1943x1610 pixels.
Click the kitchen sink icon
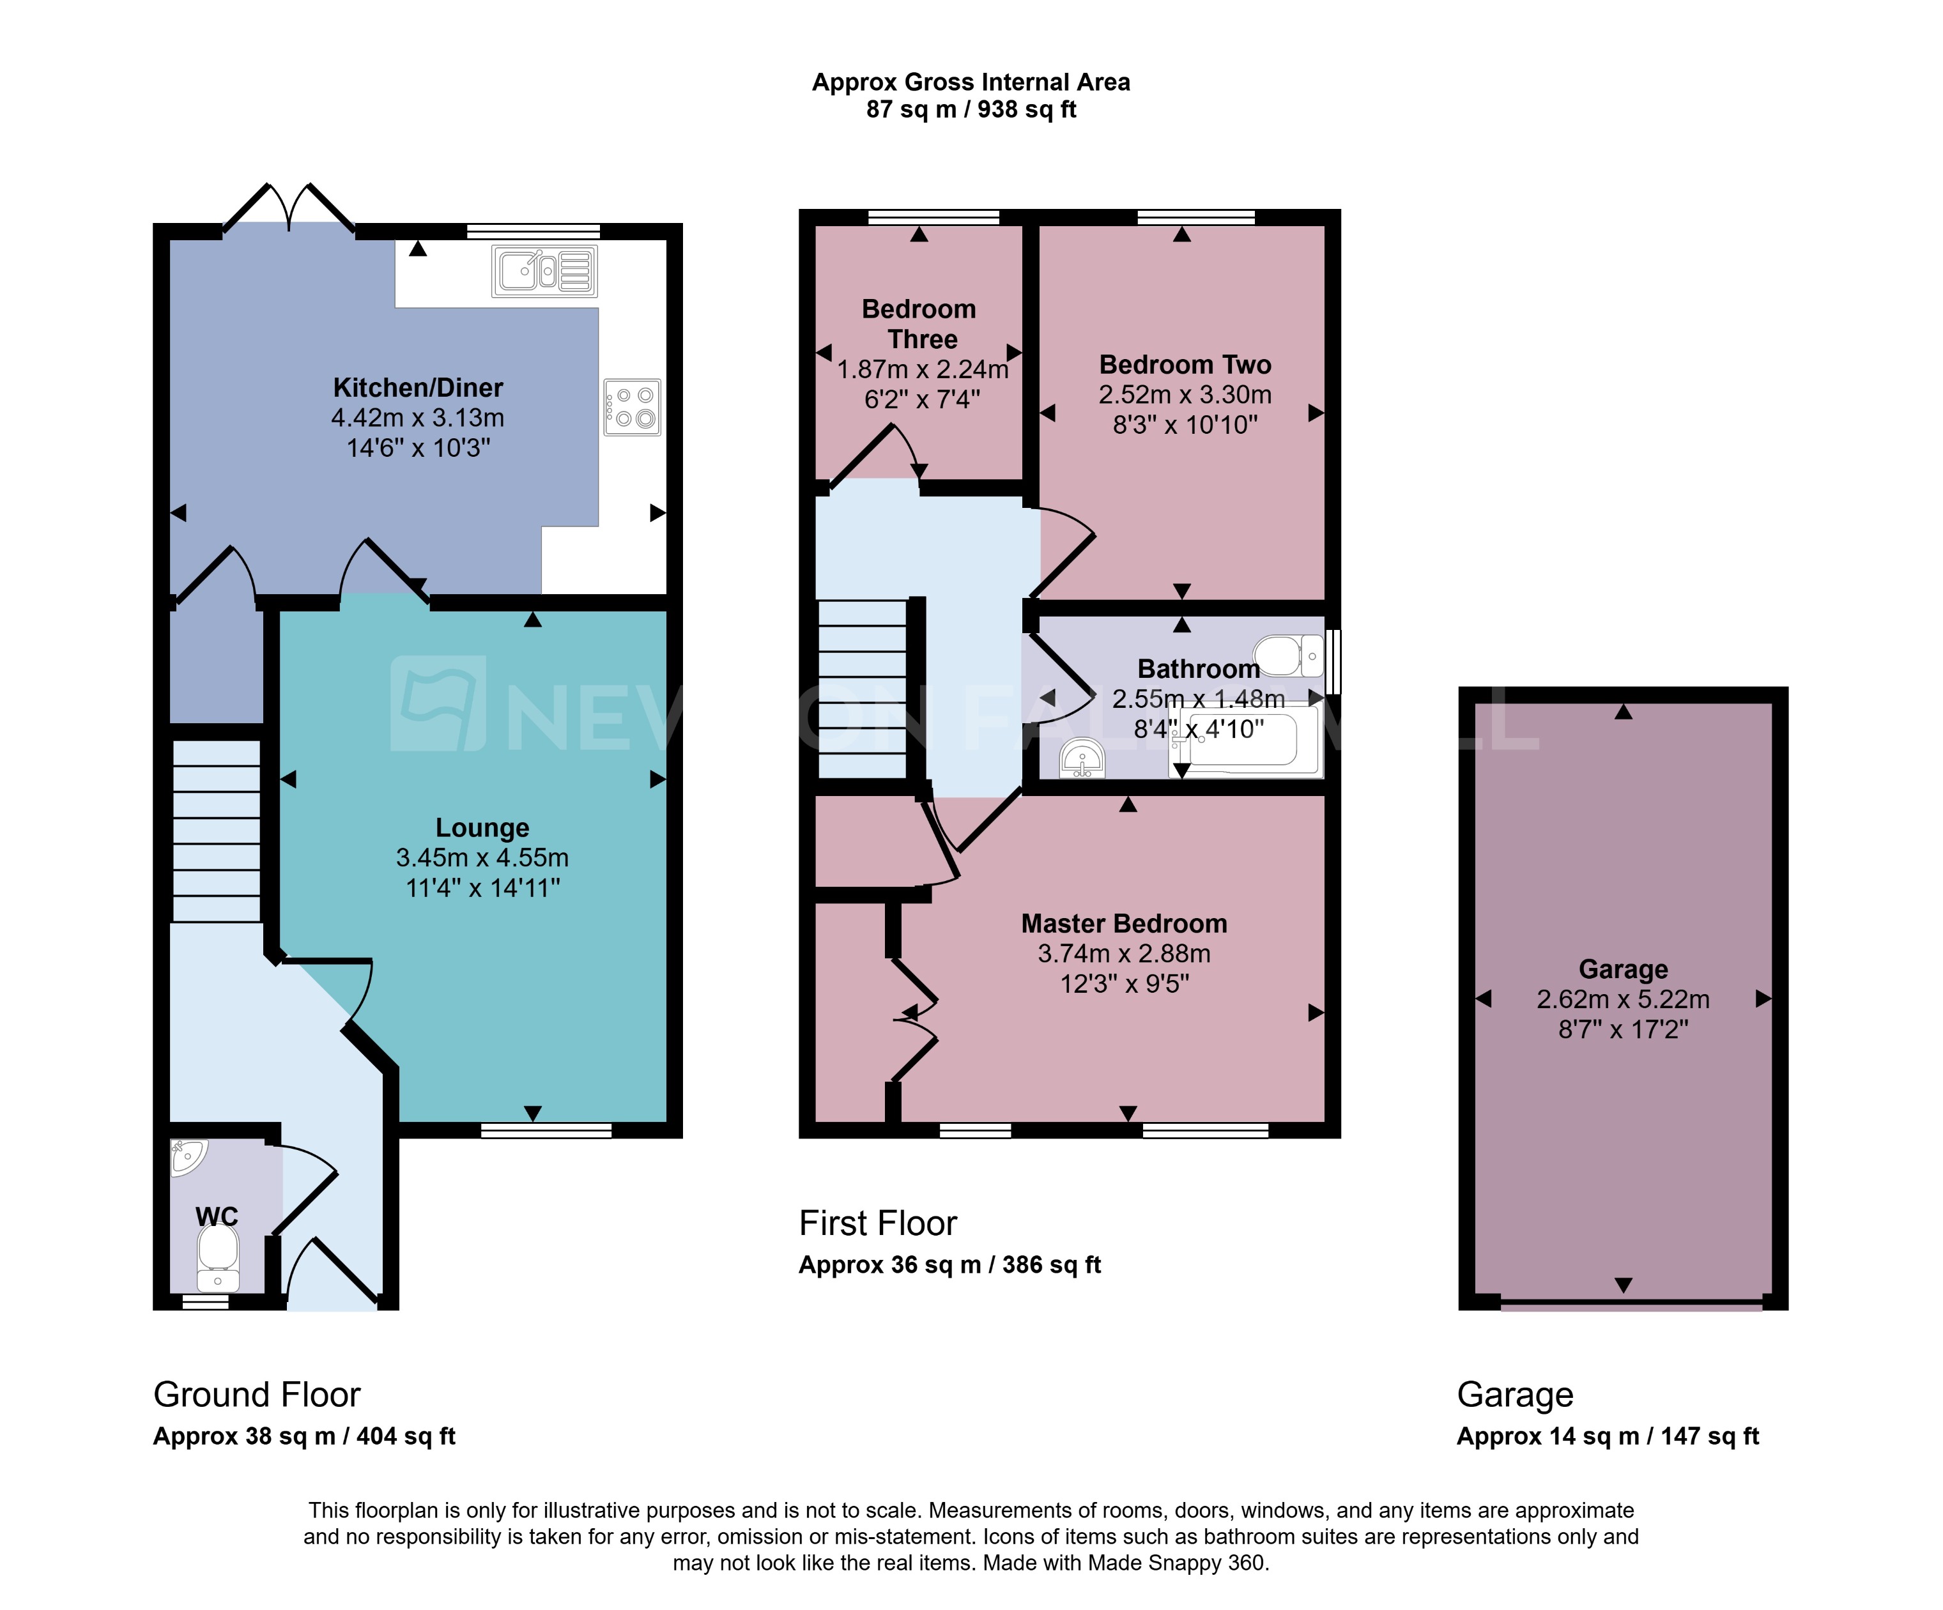[x=544, y=271]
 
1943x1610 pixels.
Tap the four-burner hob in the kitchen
[x=632, y=407]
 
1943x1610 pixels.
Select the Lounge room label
[x=482, y=827]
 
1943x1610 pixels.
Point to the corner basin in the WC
[x=187, y=1156]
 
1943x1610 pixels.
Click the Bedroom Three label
[x=919, y=324]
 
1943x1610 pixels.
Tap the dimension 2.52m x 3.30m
[x=1185, y=395]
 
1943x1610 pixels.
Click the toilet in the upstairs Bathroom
[x=1289, y=655]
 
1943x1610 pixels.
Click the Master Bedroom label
[x=1123, y=923]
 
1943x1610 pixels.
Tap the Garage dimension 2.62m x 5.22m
[x=1623, y=999]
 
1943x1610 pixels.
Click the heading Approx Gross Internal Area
[x=971, y=82]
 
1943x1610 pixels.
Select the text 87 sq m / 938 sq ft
[x=971, y=110]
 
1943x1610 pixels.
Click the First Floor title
[x=877, y=1223]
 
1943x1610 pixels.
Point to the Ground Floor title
[x=256, y=1395]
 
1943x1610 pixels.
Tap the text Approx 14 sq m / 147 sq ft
[x=1607, y=1436]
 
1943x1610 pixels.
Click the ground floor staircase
[x=217, y=830]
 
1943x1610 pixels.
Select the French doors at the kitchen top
[x=289, y=208]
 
